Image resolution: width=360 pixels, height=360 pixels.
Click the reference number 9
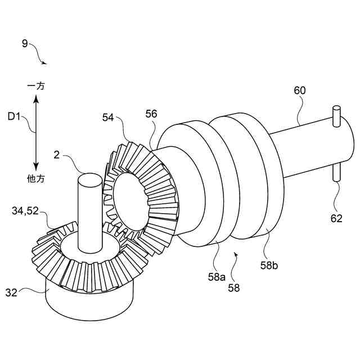[25, 43]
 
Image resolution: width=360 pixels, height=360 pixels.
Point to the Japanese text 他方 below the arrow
[36, 178]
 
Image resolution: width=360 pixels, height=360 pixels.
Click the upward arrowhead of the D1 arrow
[35, 100]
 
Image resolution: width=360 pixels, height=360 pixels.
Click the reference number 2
[57, 154]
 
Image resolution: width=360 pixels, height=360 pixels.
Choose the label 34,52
[25, 210]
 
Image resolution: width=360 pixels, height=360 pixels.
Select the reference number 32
[12, 292]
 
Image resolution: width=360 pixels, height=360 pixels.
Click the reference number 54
[109, 117]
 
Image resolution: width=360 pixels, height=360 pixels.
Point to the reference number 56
[151, 114]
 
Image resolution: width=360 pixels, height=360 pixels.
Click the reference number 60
[300, 90]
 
